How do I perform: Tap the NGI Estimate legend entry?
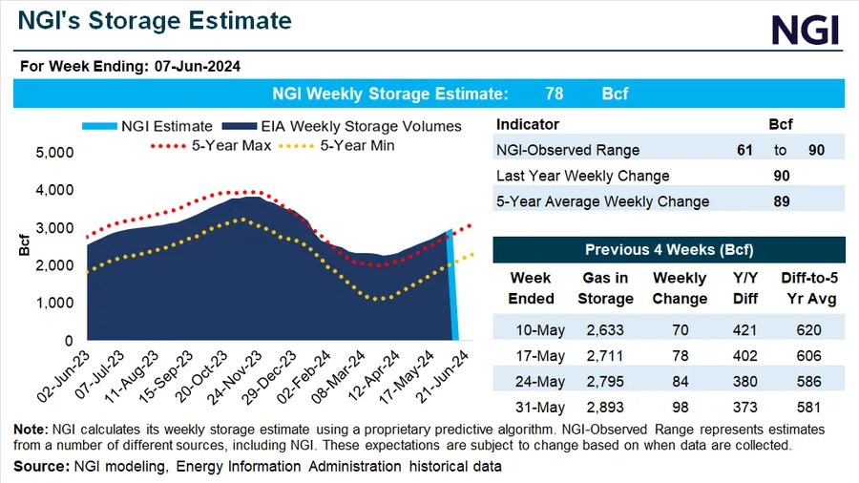click(157, 126)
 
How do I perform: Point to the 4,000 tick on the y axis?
click(53, 190)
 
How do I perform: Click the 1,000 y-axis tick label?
click(53, 303)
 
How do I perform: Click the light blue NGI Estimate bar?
click(455, 286)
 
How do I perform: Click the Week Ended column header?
click(531, 288)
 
